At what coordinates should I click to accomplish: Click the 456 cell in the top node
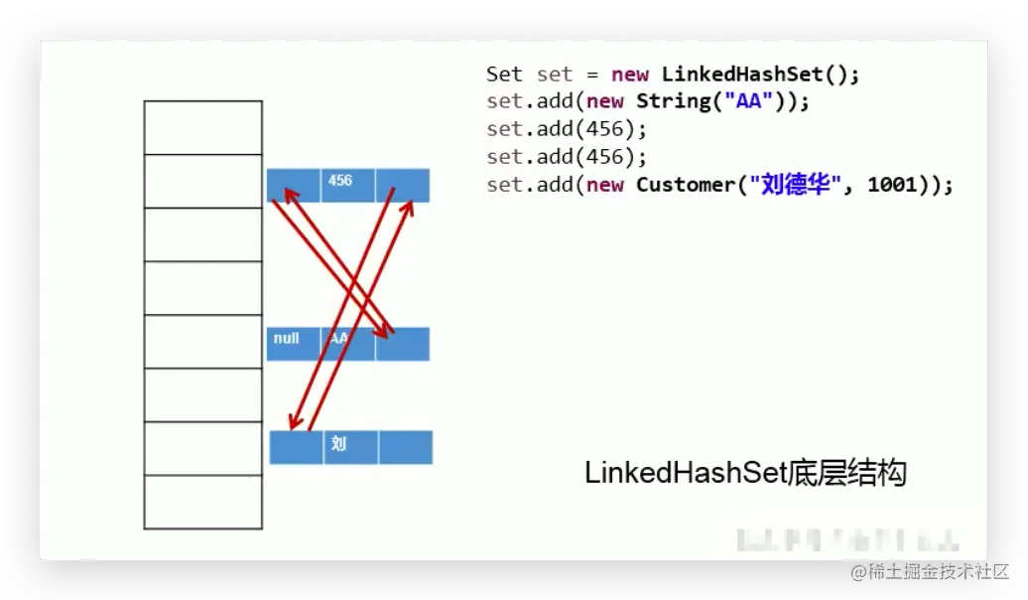(347, 185)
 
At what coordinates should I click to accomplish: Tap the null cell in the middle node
(293, 344)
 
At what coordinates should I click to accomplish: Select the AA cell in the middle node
(347, 344)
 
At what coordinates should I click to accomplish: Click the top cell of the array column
(203, 127)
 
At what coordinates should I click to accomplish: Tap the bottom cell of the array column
(203, 502)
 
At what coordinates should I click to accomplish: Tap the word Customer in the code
(688, 185)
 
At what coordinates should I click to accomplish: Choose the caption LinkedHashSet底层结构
(745, 473)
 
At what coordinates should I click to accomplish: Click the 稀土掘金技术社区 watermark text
(939, 571)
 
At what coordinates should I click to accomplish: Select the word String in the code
(674, 101)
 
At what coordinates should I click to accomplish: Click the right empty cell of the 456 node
(403, 185)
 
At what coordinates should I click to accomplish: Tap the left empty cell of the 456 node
(293, 185)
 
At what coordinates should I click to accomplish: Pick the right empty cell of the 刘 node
(406, 447)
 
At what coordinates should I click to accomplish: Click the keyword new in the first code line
(630, 74)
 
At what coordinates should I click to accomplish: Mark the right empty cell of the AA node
(403, 344)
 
